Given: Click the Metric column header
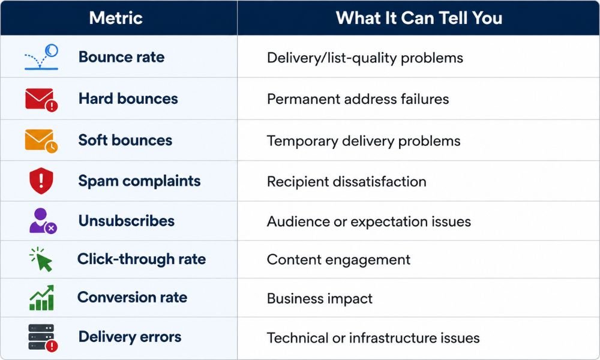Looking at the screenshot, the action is pos(116,18).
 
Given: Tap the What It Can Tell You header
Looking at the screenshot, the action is pos(419,18).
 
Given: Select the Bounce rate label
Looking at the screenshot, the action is pos(121,57).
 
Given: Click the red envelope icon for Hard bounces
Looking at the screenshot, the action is pos(41,100).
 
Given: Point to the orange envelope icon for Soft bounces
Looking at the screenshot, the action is pos(41,141).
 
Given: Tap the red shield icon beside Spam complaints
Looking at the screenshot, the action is pos(41,181).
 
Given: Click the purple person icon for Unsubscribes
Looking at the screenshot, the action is pos(43,221).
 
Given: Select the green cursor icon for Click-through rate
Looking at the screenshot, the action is pos(41,259).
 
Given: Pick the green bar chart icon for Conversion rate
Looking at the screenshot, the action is pos(42,297).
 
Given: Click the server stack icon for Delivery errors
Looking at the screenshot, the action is pos(43,337).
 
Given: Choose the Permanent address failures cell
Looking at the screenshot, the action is pos(358,99).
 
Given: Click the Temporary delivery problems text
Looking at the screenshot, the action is pos(364,141).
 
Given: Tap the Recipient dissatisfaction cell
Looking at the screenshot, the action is pos(347,181).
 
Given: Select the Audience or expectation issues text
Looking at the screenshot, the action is pos(369,221).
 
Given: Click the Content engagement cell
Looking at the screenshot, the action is pos(338,260).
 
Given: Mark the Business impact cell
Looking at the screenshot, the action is pos(320,298).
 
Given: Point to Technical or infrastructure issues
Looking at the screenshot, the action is pos(373,338).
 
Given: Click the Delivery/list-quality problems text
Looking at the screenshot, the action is pos(365,58).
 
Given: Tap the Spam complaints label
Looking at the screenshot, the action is pos(139,181).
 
